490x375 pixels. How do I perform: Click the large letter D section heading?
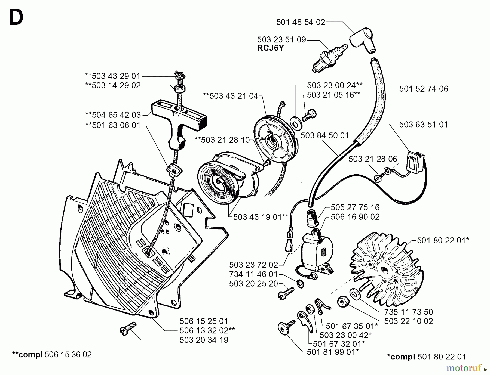[x=16, y=17]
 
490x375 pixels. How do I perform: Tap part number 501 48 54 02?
[x=301, y=22]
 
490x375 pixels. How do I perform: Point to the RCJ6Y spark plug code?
[x=270, y=48]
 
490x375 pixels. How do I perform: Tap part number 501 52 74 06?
[x=423, y=89]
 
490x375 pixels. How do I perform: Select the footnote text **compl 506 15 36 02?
[x=52, y=355]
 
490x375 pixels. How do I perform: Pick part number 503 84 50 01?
[x=324, y=135]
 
